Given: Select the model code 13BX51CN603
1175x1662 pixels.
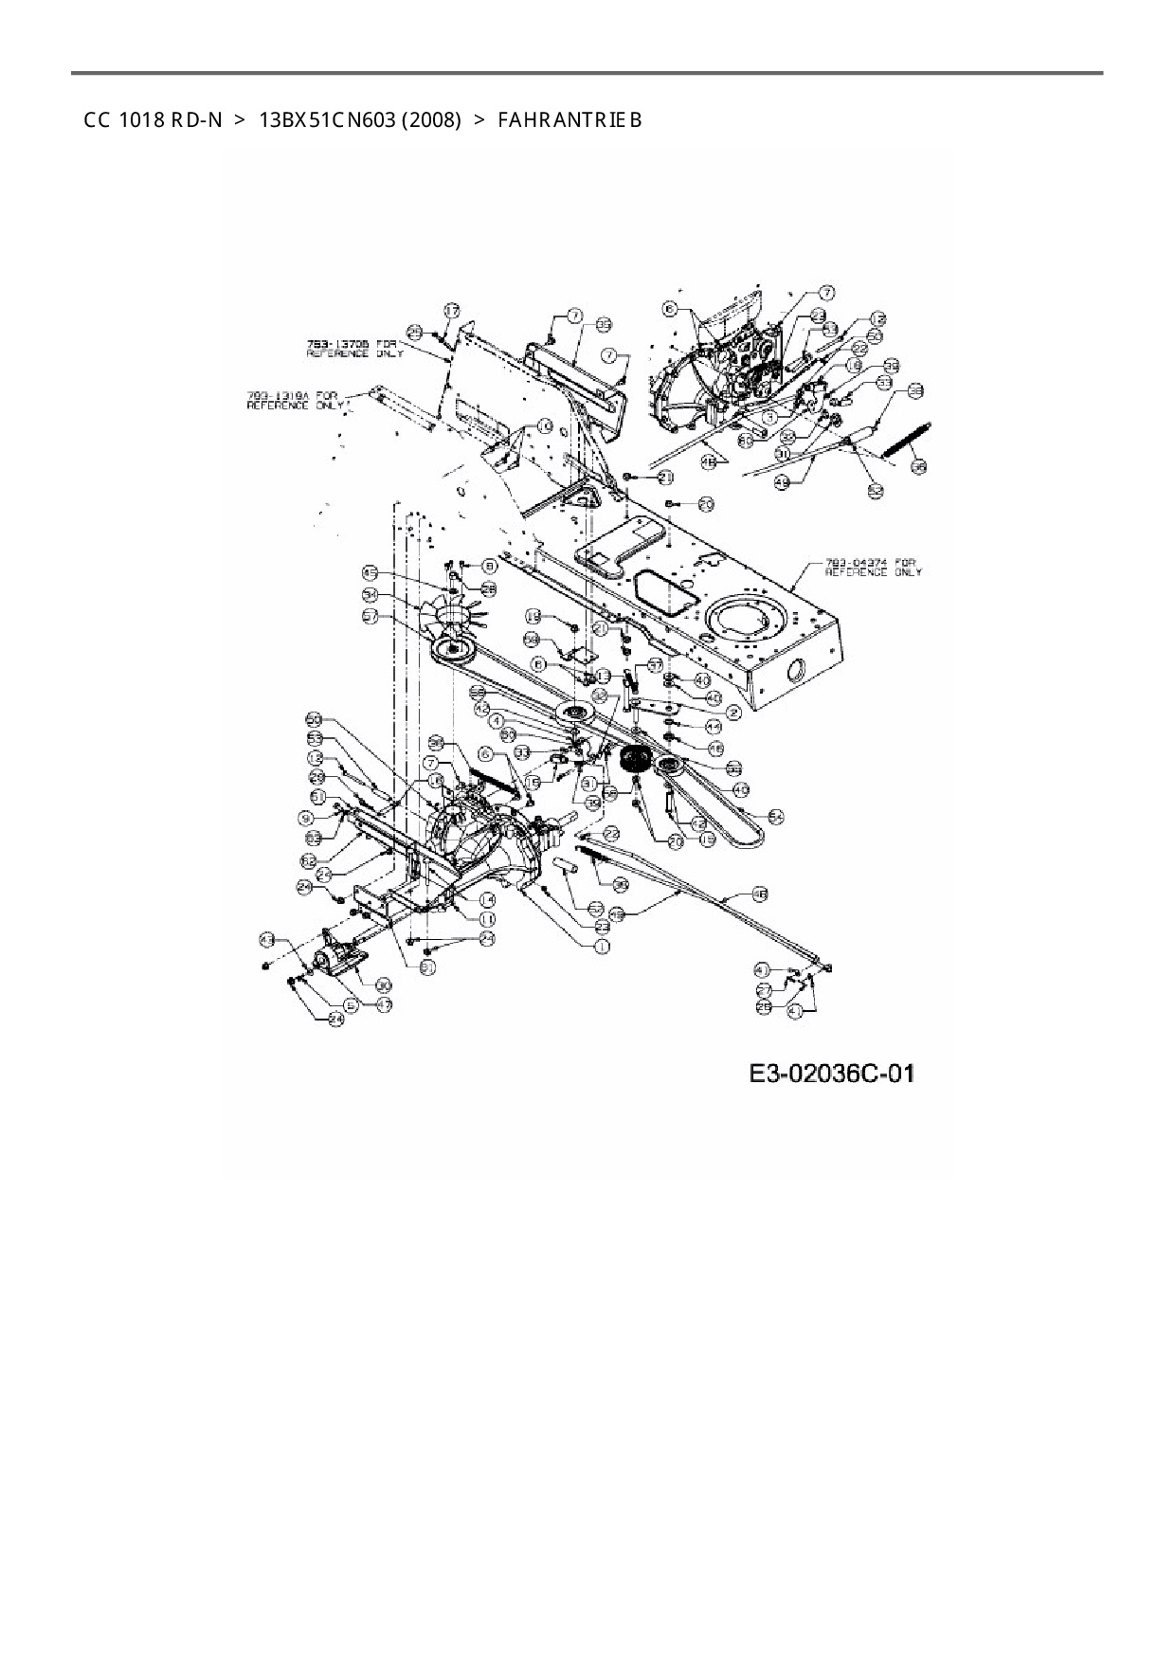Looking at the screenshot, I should pyautogui.click(x=327, y=120).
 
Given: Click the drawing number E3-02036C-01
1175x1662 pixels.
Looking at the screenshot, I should pyautogui.click(x=832, y=1073).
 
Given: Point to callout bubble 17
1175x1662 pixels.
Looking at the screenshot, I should pyautogui.click(x=452, y=310).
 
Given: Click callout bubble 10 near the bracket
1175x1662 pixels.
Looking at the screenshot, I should pyautogui.click(x=544, y=426).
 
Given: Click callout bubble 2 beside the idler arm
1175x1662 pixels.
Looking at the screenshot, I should pyautogui.click(x=732, y=710).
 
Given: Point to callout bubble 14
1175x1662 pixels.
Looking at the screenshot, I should pyautogui.click(x=487, y=899).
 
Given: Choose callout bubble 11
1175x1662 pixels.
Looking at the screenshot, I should pyautogui.click(x=487, y=919).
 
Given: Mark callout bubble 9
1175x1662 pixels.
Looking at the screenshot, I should pyautogui.click(x=306, y=817).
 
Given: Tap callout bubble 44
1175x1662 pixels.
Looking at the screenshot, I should pyautogui.click(x=714, y=726).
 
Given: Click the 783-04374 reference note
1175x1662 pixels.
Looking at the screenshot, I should pyautogui.click(x=872, y=567).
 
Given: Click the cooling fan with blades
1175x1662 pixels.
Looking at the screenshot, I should pyautogui.click(x=450, y=616).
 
